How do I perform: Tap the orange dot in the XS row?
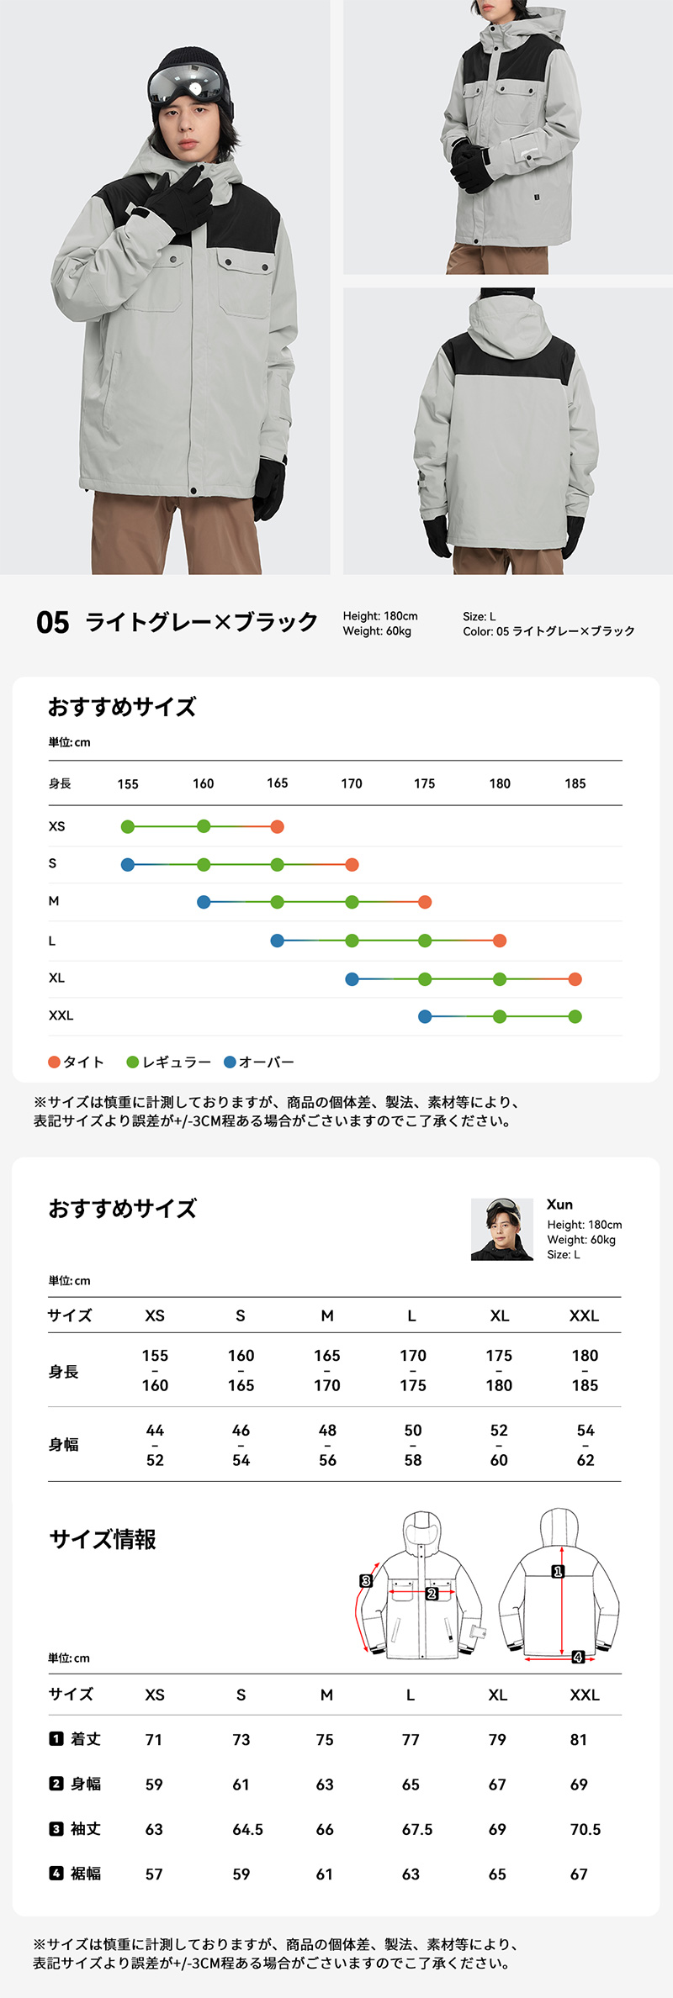click(x=278, y=826)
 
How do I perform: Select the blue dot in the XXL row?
click(x=425, y=1016)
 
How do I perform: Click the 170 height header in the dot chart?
click(x=352, y=783)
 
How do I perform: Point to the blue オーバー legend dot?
click(x=230, y=1062)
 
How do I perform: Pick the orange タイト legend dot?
click(x=55, y=1062)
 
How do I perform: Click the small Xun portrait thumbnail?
click(x=502, y=1229)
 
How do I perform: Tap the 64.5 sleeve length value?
click(x=248, y=1829)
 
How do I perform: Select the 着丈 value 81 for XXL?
click(x=579, y=1739)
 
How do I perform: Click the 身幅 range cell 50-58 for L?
click(x=413, y=1445)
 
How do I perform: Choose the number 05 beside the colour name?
click(x=53, y=623)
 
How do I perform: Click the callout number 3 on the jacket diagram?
click(x=366, y=1581)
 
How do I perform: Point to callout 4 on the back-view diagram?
click(x=578, y=1657)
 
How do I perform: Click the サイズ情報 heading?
click(x=103, y=1539)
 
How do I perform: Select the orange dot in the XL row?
click(x=575, y=978)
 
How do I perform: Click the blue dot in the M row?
click(x=204, y=902)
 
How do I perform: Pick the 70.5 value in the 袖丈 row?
click(x=586, y=1829)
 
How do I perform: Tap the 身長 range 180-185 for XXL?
click(x=585, y=1370)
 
